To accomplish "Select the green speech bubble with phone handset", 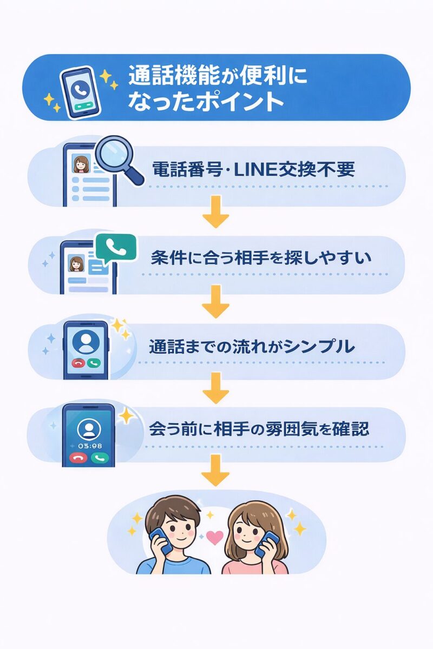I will (115, 248).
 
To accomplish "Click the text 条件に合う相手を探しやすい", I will (261, 257).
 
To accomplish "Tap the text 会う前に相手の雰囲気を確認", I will (259, 429).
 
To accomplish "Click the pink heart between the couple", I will (215, 538).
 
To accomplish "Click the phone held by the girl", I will (268, 543).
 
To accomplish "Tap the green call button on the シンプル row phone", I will (95, 363).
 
